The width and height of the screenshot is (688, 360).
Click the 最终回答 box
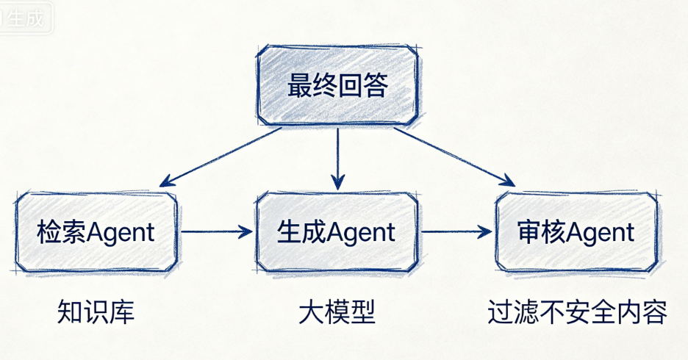point(337,86)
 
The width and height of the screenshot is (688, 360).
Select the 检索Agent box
point(96,232)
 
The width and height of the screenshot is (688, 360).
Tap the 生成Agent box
point(337,232)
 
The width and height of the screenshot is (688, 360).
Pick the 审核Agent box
point(576,232)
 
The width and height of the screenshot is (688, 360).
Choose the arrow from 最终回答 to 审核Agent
point(452,156)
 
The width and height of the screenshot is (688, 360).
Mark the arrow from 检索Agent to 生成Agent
point(216,232)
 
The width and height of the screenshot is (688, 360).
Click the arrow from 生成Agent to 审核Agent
point(456,232)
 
